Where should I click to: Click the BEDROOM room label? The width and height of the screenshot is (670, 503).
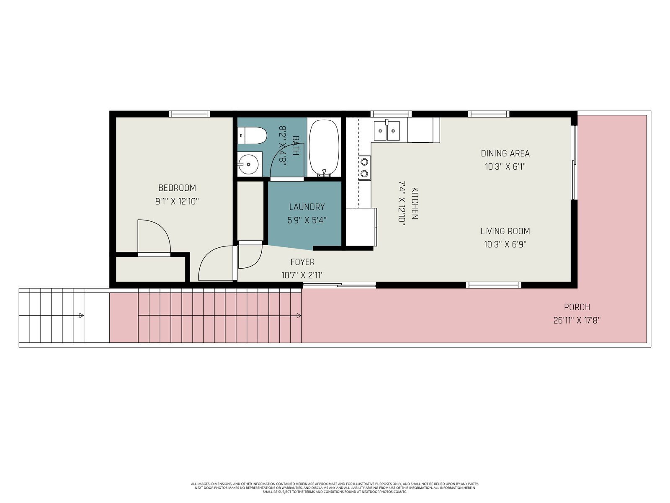pyautogui.click(x=177, y=188)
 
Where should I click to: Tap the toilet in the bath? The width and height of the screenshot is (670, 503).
pyautogui.click(x=252, y=135)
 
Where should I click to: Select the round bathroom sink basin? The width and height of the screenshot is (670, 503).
pyautogui.click(x=248, y=164)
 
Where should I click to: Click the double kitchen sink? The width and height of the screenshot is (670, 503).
pyautogui.click(x=387, y=130)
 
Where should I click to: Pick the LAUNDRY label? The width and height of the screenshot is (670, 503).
pyautogui.click(x=307, y=207)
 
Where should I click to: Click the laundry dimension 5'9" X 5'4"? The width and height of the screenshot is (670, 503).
pyautogui.click(x=307, y=220)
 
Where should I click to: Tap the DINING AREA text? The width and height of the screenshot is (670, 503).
pyautogui.click(x=505, y=153)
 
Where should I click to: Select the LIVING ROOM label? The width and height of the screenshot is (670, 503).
pyautogui.click(x=505, y=231)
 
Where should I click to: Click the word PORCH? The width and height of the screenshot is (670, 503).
pyautogui.click(x=577, y=307)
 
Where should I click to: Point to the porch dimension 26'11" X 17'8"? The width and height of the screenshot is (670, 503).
pyautogui.click(x=577, y=320)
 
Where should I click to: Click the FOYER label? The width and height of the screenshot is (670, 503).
pyautogui.click(x=302, y=262)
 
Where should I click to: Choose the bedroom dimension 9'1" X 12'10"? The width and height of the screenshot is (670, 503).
pyautogui.click(x=177, y=201)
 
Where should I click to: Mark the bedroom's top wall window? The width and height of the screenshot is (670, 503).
pyautogui.click(x=189, y=114)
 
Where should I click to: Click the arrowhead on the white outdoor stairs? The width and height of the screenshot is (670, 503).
pyautogui.click(x=82, y=316)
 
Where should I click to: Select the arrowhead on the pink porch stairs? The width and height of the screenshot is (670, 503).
pyautogui.click(x=299, y=316)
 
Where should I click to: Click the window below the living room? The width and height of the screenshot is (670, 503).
pyautogui.click(x=494, y=285)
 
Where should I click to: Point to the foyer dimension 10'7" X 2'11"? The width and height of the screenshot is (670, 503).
pyautogui.click(x=302, y=275)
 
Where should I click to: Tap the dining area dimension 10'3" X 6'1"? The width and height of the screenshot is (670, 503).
pyautogui.click(x=505, y=167)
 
